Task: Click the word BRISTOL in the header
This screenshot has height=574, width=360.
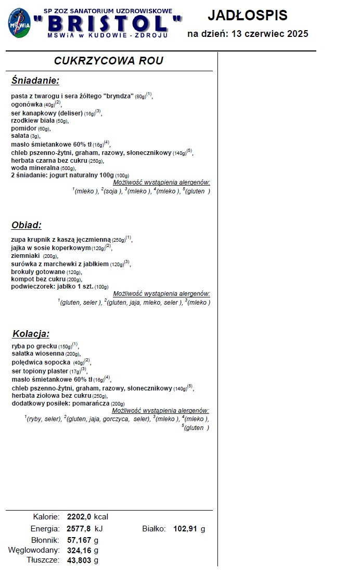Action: [x=108, y=23]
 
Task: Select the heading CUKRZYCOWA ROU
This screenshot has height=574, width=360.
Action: [x=109, y=61]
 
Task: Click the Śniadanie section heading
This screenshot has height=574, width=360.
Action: [x=35, y=81]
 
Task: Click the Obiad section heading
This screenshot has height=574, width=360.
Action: [x=26, y=225]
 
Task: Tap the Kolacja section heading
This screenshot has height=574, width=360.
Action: [x=30, y=334]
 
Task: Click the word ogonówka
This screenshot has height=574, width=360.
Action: [x=27, y=104]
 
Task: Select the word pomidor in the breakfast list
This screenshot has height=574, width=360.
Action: [x=24, y=128]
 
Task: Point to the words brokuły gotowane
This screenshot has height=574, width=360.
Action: [x=38, y=272]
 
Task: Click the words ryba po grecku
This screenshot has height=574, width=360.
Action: [x=34, y=346]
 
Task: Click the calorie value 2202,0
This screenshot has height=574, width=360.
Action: [x=79, y=517]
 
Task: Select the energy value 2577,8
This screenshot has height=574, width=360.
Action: [x=79, y=529]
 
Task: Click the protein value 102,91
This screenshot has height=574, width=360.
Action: [x=186, y=529]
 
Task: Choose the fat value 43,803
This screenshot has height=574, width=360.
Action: [x=79, y=560]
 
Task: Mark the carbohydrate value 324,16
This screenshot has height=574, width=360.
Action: [x=79, y=550]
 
